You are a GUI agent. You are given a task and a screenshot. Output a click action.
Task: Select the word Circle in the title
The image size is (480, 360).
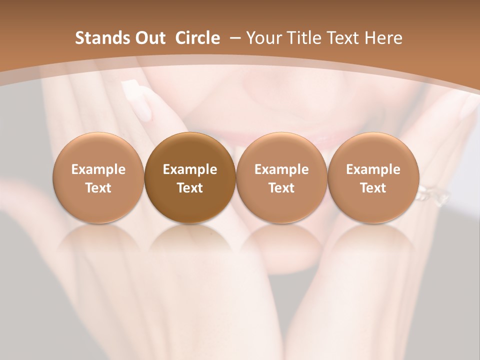point(197,38)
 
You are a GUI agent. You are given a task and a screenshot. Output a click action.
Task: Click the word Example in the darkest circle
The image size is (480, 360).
point(190,169)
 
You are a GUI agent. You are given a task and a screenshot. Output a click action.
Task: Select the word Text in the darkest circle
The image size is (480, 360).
point(190,188)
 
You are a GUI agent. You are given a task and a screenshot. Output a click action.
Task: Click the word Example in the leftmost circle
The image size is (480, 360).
point(98,169)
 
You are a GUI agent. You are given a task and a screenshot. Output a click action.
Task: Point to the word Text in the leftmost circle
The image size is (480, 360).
point(98,188)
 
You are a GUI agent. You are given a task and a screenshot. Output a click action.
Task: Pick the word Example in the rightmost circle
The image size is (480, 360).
point(373,169)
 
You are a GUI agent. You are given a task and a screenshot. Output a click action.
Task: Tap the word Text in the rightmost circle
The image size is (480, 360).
point(373,188)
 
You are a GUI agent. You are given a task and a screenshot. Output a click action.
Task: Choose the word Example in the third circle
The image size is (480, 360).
point(281,169)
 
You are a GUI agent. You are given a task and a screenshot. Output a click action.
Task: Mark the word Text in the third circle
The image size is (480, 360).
point(281,188)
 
